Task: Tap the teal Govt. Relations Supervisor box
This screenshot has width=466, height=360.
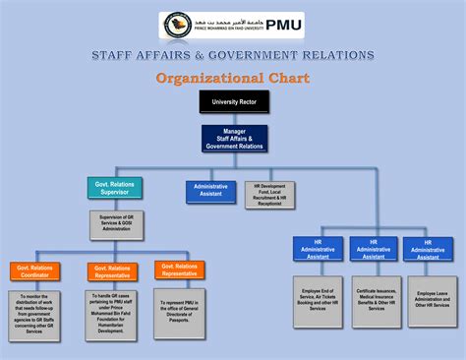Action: [115, 187]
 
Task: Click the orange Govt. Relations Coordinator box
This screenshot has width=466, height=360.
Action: [36, 270]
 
